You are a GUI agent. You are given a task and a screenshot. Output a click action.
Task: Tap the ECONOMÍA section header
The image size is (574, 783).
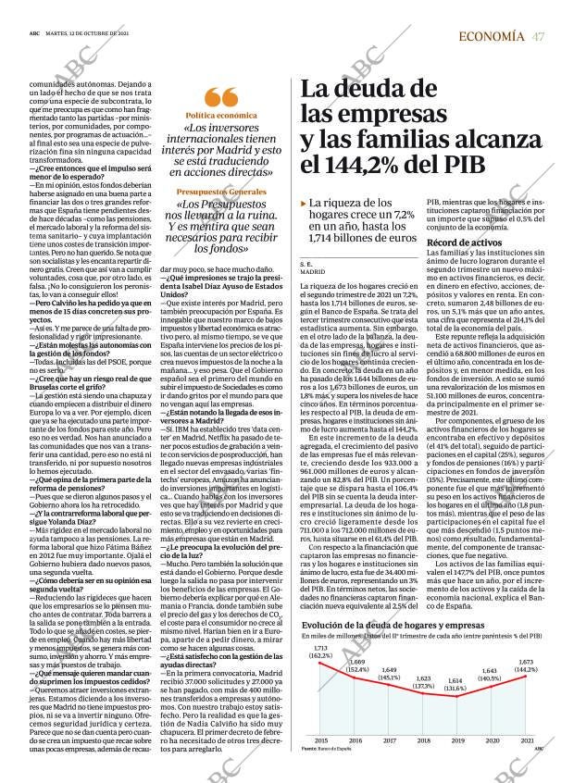pyautogui.click(x=491, y=36)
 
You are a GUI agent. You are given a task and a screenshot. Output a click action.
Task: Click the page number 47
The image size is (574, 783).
pyautogui.click(x=539, y=36)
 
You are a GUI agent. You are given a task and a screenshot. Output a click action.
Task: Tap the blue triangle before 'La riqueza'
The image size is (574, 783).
pyautogui.click(x=304, y=203)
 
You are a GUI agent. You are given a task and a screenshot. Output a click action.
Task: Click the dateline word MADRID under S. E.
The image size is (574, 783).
pyautogui.click(x=313, y=272)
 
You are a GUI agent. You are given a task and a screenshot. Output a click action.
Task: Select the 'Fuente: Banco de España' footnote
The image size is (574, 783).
pyautogui.click(x=327, y=748)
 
